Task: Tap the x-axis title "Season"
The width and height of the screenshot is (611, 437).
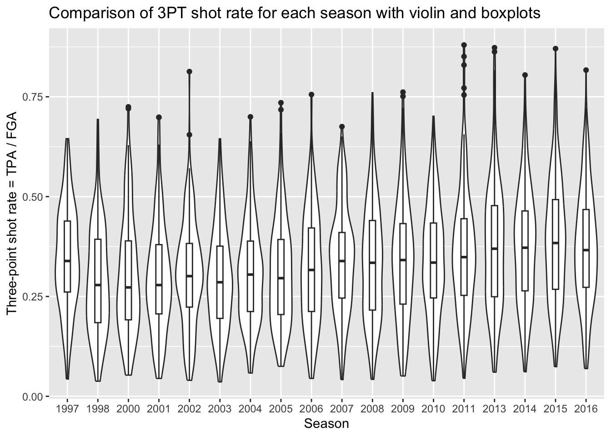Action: click(x=326, y=424)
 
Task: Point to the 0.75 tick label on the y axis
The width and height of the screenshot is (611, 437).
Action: click(x=33, y=97)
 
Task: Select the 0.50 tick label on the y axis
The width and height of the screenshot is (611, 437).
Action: click(x=33, y=197)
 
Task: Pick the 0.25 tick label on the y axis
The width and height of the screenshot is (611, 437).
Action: click(x=33, y=296)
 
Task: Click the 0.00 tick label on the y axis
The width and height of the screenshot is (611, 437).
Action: click(x=33, y=396)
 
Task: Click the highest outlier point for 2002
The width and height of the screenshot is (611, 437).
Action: click(x=190, y=71)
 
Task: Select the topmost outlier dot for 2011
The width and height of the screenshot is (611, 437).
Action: click(x=464, y=45)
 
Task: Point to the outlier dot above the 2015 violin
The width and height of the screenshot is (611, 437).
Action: click(x=556, y=48)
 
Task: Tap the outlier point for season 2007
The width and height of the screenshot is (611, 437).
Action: click(x=342, y=127)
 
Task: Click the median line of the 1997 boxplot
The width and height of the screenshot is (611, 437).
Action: click(x=67, y=261)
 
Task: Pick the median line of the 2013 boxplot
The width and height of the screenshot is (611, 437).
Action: click(x=495, y=249)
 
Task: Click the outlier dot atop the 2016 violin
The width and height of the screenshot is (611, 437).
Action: click(x=586, y=70)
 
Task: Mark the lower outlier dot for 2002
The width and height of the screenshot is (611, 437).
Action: click(x=190, y=135)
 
